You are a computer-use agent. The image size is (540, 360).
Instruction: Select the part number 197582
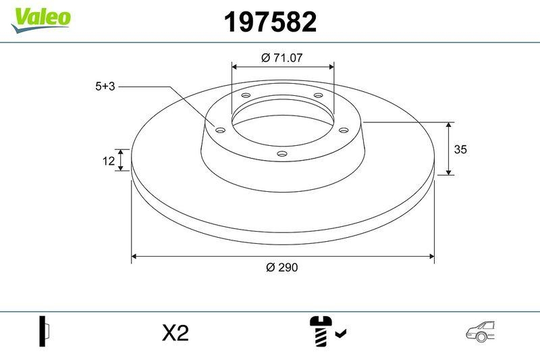tap(269, 23)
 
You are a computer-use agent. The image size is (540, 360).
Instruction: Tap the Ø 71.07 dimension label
tap(281, 58)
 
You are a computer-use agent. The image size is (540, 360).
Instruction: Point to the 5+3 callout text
tap(105, 86)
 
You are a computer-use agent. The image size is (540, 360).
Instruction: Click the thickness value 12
tap(107, 160)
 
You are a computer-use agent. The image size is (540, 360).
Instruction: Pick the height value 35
tap(460, 149)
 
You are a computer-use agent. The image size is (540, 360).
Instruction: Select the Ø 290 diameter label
tap(281, 267)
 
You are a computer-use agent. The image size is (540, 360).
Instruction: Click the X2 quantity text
tap(175, 332)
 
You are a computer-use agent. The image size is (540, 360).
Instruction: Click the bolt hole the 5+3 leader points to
tap(219, 129)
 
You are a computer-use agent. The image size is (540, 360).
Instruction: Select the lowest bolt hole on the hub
tap(282, 155)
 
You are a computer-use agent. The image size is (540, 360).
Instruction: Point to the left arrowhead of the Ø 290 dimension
tap(134, 256)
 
